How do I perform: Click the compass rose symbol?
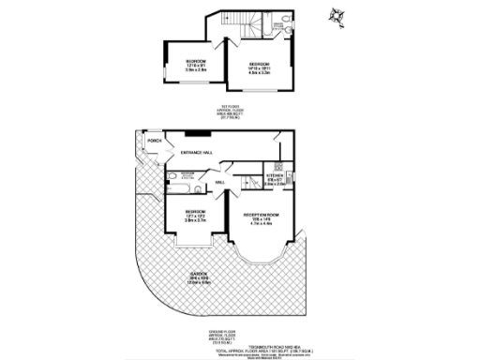click(336, 16)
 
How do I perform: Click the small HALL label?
click(217, 182)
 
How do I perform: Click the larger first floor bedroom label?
click(260, 65)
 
